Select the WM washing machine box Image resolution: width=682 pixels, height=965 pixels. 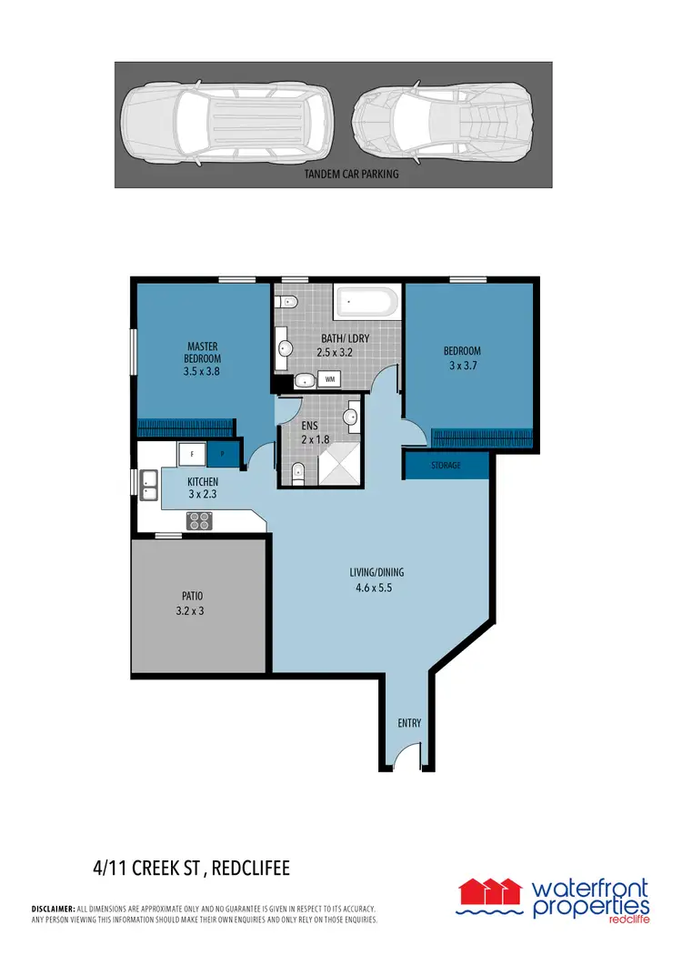click(x=329, y=378)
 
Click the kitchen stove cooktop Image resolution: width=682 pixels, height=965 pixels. click(x=199, y=520)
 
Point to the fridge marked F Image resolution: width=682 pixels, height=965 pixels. click(x=192, y=452)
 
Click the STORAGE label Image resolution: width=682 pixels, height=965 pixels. click(x=446, y=466)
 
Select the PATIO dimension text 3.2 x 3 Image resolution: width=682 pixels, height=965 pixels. click(x=191, y=611)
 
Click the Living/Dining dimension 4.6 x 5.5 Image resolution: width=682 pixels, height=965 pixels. click(x=376, y=588)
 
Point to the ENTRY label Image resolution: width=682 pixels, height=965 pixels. click(x=409, y=723)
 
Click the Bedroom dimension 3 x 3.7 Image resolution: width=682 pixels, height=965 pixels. click(x=462, y=367)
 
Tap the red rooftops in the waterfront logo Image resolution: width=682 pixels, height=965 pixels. click(x=491, y=888)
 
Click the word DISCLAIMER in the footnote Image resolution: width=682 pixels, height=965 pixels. click(x=53, y=909)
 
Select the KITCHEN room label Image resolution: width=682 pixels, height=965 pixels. click(x=203, y=481)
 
